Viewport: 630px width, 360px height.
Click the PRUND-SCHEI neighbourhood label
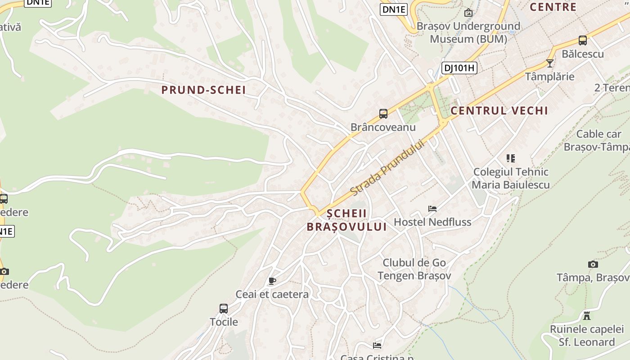pyautogui.click(x=203, y=90)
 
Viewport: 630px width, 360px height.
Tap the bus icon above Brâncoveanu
pyautogui.click(x=383, y=114)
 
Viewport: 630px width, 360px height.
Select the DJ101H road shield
pyautogui.click(x=459, y=68)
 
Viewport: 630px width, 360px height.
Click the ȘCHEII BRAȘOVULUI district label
pyautogui.click(x=346, y=220)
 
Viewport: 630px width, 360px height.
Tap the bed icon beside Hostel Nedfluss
pyautogui.click(x=432, y=209)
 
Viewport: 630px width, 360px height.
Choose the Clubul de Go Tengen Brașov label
pyautogui.click(x=414, y=269)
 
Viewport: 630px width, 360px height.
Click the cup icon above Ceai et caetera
pyautogui.click(x=272, y=281)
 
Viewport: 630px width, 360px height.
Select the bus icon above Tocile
pyautogui.click(x=224, y=309)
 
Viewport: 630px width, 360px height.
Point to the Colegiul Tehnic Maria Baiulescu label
pyautogui.click(x=511, y=178)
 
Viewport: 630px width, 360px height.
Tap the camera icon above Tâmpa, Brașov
pyautogui.click(x=593, y=265)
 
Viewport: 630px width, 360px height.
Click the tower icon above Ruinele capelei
pyautogui.click(x=587, y=315)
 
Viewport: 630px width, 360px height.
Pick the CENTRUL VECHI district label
pyautogui.click(x=499, y=111)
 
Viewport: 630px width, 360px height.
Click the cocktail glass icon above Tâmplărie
pyautogui.click(x=549, y=63)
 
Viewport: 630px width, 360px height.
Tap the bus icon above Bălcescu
pyautogui.click(x=583, y=40)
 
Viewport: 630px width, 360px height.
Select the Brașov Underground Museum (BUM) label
pyautogui.click(x=468, y=32)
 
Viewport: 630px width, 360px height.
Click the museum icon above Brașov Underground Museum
pyautogui.click(x=468, y=13)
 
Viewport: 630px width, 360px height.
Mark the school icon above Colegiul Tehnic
pyautogui.click(x=510, y=158)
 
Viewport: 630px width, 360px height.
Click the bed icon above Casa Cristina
pyautogui.click(x=377, y=345)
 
